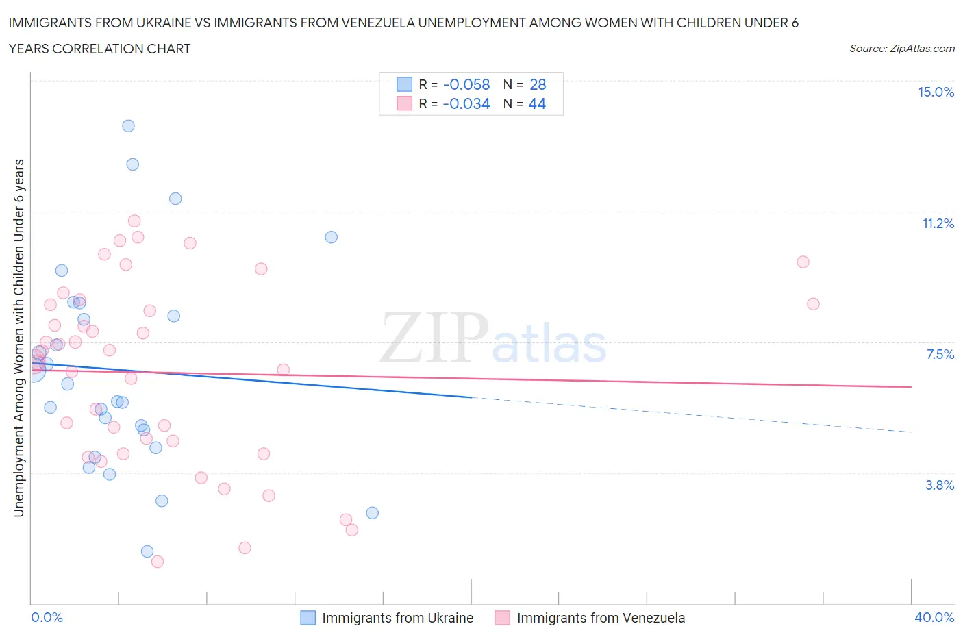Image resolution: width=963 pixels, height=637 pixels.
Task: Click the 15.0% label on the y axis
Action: coord(936,92)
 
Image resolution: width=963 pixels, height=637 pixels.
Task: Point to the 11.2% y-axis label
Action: coord(938,223)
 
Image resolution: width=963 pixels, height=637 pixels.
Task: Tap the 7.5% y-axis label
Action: coord(940,354)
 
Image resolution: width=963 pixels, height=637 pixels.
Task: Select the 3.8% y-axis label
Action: coord(940,485)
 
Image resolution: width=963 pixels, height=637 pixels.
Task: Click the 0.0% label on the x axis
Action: coord(47,617)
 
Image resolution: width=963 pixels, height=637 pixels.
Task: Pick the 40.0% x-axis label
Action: coord(934,617)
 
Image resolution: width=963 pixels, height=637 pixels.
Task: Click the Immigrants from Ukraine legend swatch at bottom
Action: coord(308,618)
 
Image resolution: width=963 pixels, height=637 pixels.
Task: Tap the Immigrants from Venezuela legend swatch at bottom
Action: coord(503,618)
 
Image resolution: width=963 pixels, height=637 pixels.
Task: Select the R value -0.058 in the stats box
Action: coord(466,84)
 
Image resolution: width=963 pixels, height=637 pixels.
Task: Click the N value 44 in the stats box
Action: coord(537,103)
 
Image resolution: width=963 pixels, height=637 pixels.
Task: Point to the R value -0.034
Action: coord(466,103)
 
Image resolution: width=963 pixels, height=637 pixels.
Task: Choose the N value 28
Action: coord(538,84)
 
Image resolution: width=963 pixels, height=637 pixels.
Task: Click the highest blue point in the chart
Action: coord(128,126)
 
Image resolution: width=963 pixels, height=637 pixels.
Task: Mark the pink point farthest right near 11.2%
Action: coord(803,262)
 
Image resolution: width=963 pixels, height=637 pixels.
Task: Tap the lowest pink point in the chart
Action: coord(158,562)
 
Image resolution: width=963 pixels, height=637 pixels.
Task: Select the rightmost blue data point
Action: coord(372,513)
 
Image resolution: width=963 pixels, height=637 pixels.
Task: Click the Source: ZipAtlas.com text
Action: coord(901,49)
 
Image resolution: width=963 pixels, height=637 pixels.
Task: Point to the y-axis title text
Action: coord(18,338)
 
